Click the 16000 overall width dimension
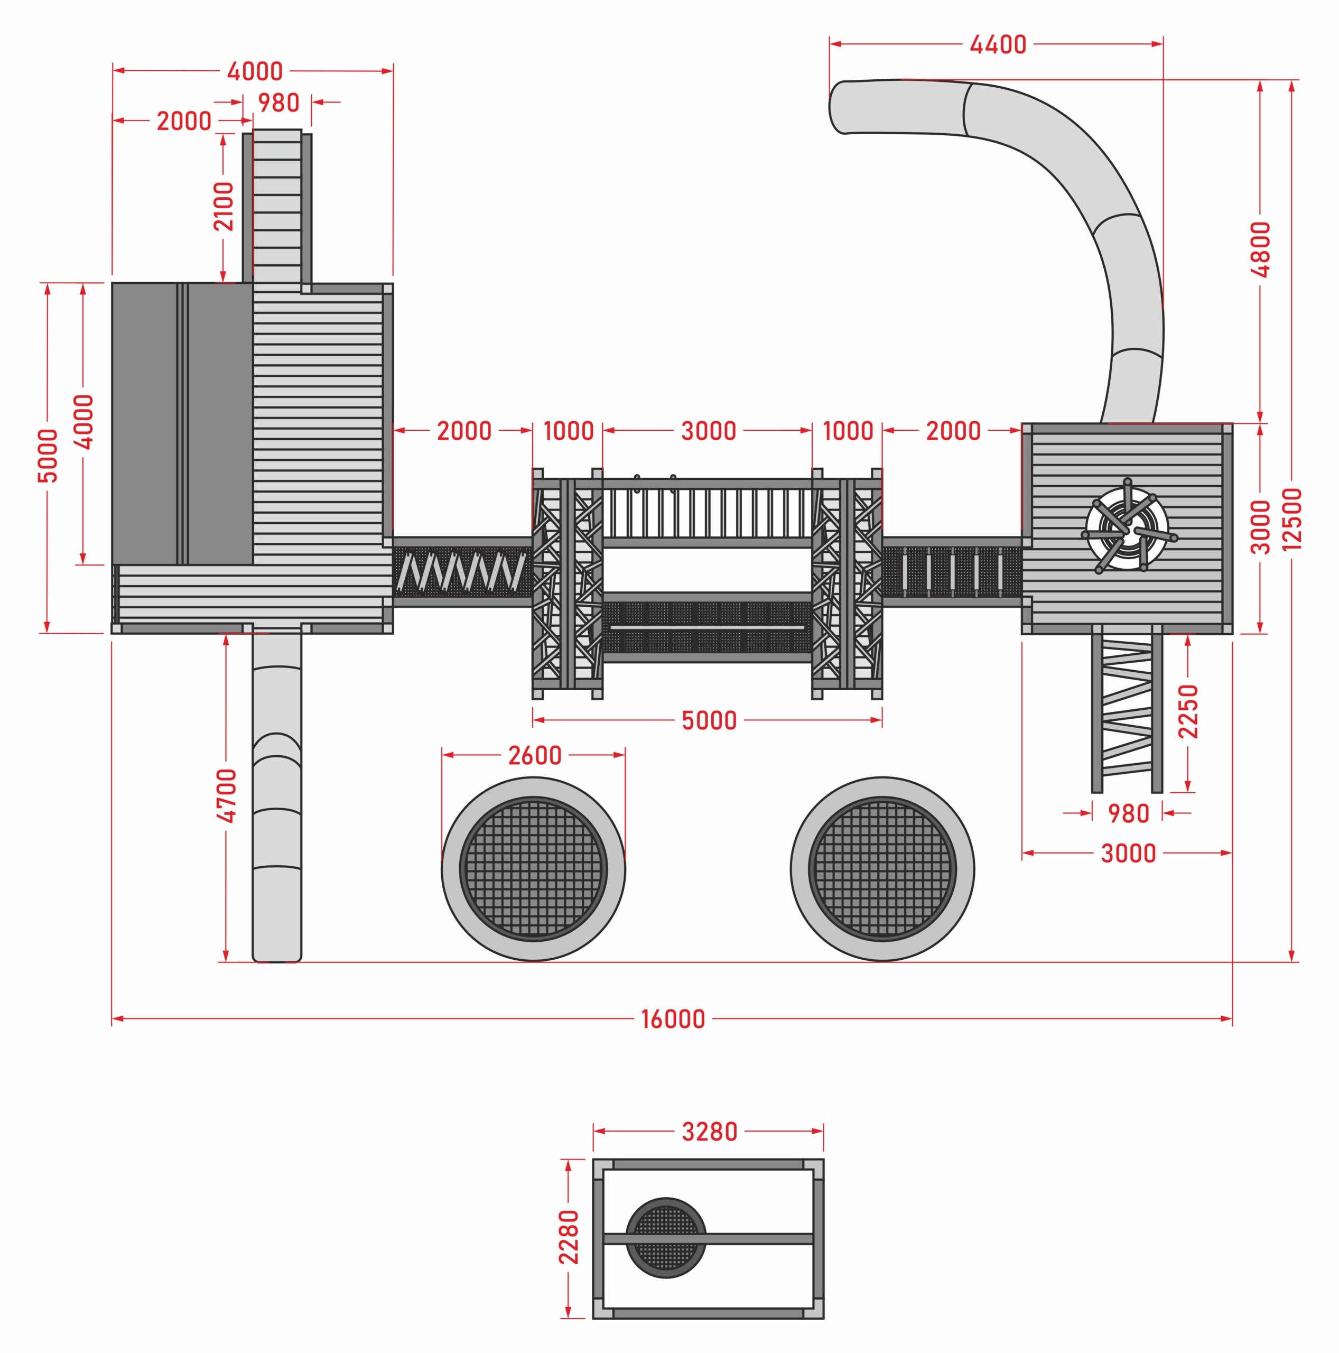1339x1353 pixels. tap(672, 1019)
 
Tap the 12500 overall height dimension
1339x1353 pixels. tap(1291, 520)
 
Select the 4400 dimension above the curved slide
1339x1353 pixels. tap(998, 44)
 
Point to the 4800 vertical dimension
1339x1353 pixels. tap(1260, 249)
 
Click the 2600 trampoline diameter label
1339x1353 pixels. tap(534, 755)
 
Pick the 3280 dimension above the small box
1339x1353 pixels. tap(710, 1131)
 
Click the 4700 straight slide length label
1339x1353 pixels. tap(226, 795)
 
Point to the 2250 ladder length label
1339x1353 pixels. tap(1188, 711)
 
